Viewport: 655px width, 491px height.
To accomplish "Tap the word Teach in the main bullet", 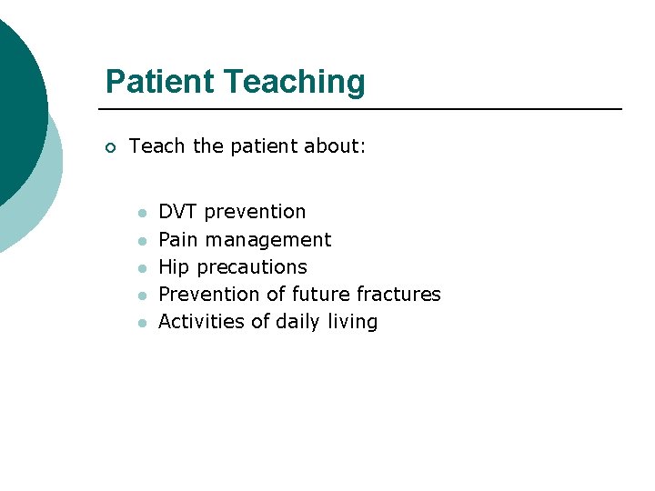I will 158,146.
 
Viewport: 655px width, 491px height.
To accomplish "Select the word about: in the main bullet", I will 333,146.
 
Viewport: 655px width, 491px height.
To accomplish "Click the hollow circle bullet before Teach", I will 111,148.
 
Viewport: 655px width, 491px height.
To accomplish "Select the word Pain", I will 178,240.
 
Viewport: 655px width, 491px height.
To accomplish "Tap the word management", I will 268,241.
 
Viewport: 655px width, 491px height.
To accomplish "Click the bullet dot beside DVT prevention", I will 142,214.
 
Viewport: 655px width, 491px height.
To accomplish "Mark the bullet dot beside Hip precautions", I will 142,268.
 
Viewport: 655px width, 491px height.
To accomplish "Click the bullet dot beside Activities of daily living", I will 142,323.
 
